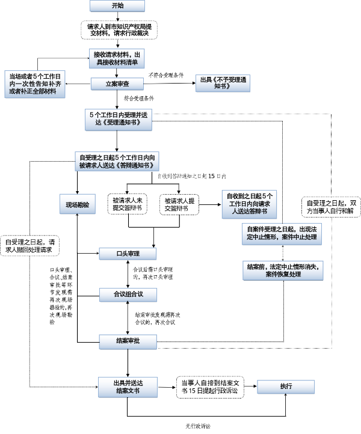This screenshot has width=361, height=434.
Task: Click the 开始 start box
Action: pos(118,6)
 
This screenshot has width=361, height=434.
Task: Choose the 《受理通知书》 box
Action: pos(119,118)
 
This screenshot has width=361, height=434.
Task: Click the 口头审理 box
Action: pos(128,254)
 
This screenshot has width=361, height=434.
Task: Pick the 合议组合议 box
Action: pos(128,293)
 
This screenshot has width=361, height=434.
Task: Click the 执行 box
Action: pos(286,386)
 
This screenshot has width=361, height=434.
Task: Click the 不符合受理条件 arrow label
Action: pos(166,75)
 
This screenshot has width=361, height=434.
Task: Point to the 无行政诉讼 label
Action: pos(198,426)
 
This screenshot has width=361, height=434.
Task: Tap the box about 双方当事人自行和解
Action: pos(330,208)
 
